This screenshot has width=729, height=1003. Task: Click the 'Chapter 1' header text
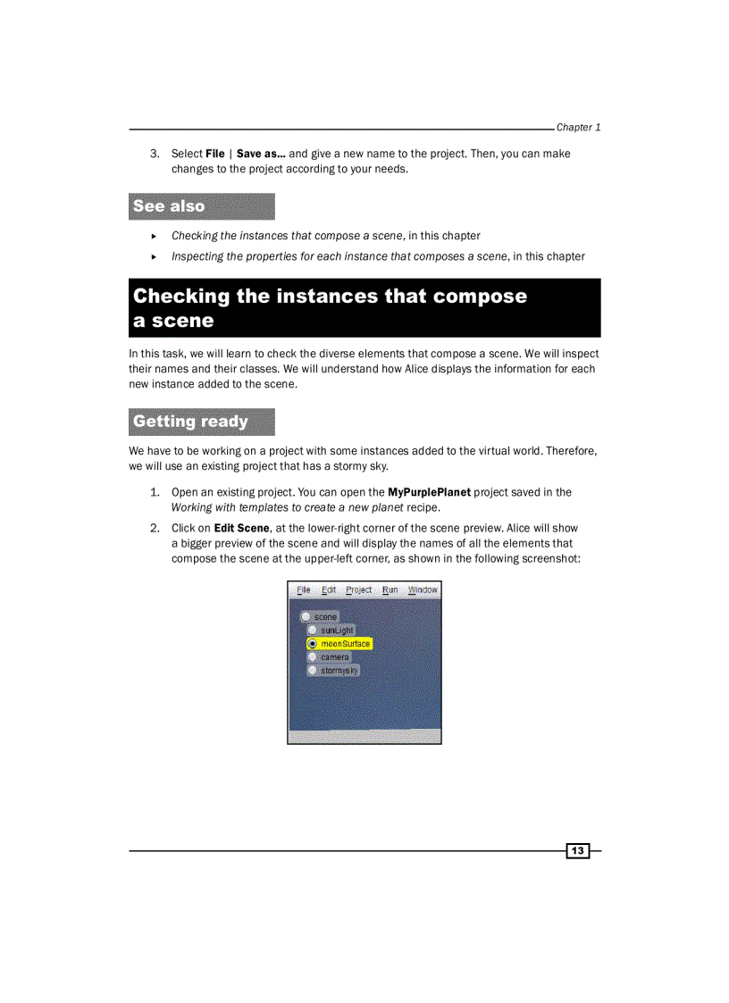point(578,127)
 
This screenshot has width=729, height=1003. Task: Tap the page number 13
point(578,851)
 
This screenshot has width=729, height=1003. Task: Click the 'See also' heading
point(169,206)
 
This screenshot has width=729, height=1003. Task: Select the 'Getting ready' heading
point(190,422)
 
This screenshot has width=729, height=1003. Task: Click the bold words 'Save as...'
point(261,154)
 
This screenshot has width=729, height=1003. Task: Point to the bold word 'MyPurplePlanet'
point(429,492)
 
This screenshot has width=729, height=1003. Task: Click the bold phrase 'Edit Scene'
point(241,528)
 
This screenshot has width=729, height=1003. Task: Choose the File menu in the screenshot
point(304,589)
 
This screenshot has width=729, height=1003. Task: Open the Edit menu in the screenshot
point(329,589)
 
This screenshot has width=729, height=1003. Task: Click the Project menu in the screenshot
point(359,589)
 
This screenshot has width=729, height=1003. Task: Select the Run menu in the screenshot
point(390,589)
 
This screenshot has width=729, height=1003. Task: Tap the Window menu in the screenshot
point(423,589)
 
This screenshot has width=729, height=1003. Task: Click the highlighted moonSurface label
point(345,643)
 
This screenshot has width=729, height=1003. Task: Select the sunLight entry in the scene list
point(337,630)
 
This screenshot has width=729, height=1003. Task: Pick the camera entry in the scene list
point(335,656)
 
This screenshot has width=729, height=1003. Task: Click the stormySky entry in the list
point(339,670)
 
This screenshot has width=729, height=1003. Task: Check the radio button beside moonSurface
point(312,643)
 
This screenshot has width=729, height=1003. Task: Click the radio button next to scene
point(306,616)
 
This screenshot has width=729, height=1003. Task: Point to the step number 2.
point(155,528)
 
